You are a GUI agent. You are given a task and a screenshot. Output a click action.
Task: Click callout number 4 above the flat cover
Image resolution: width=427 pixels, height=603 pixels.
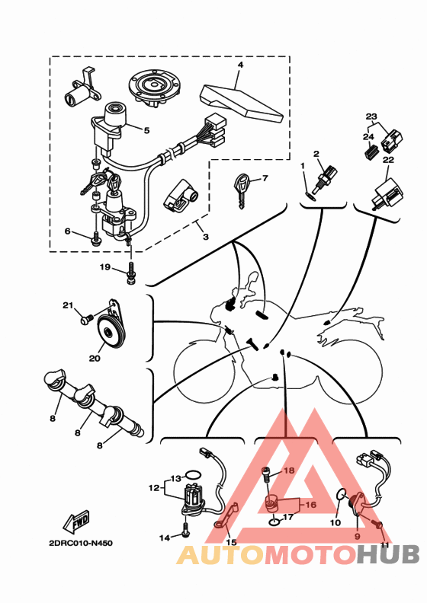click(240, 65)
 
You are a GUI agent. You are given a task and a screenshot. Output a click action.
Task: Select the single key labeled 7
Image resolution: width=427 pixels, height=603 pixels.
click(242, 190)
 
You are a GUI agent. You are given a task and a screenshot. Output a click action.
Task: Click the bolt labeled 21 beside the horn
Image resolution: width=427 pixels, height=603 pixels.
click(87, 319)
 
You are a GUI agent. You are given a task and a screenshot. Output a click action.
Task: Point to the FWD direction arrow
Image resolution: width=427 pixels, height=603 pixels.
click(76, 521)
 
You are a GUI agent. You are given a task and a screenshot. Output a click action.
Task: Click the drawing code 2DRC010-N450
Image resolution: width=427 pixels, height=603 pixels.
click(81, 544)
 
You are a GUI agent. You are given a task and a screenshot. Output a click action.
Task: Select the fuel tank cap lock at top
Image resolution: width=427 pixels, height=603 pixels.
click(154, 88)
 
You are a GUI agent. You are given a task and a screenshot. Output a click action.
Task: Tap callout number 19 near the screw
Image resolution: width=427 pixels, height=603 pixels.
click(105, 267)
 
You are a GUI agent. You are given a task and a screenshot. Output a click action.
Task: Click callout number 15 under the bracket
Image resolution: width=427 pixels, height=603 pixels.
click(231, 542)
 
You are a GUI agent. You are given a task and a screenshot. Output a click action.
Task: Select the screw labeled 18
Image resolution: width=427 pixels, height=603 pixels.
click(265, 476)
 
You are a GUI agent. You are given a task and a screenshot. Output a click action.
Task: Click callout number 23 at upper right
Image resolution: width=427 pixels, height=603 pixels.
click(371, 116)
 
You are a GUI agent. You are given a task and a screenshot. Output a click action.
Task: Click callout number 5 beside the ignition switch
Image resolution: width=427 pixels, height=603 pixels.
click(146, 131)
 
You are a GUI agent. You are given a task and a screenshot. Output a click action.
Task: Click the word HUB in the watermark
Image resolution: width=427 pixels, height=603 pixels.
click(387, 555)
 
